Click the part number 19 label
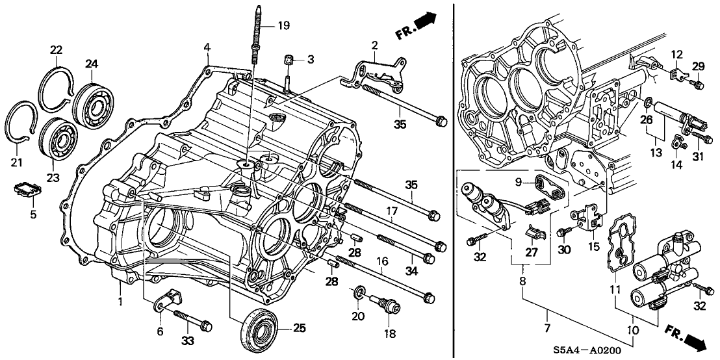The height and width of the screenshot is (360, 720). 283,27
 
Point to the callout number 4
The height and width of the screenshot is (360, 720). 207,47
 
